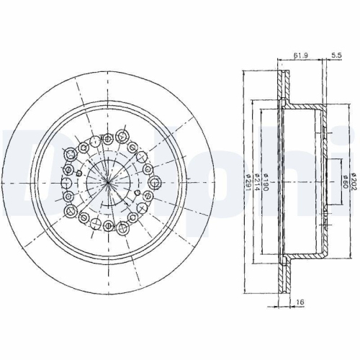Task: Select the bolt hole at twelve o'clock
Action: pyautogui.click(x=107, y=138)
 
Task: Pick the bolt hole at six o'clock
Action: pyautogui.click(x=107, y=226)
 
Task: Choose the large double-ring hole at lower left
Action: pyautogui.click(x=73, y=211)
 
